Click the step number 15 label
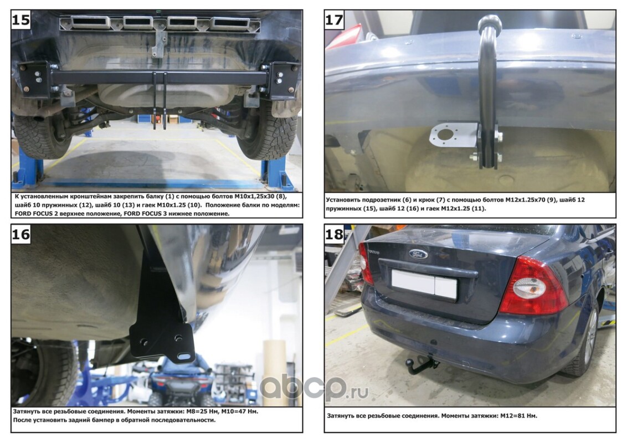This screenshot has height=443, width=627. tap(21, 19)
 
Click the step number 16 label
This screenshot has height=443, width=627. tap(21, 234)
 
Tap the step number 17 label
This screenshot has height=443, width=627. tap(334, 19)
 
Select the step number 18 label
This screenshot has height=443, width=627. tap(334, 234)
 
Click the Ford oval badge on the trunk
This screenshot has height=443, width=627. tap(418, 254)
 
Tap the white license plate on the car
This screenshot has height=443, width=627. tap(424, 284)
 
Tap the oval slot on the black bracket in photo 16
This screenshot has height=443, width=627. tap(184, 356)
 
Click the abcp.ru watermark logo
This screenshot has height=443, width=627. tap(314, 388)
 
